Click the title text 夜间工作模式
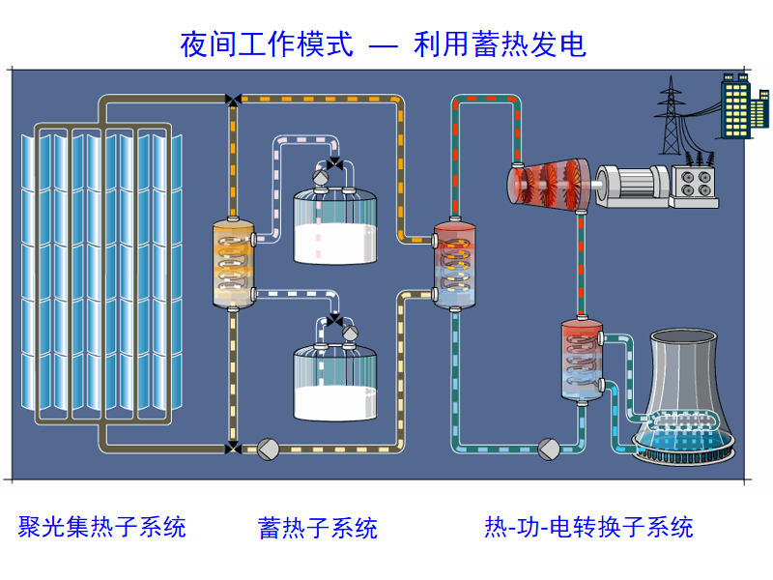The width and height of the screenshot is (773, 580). pyautogui.click(x=267, y=44)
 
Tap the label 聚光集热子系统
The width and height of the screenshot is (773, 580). pyautogui.click(x=101, y=527)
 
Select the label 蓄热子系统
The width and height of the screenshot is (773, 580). pyautogui.click(x=317, y=528)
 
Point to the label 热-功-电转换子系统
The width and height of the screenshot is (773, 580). pyautogui.click(x=588, y=527)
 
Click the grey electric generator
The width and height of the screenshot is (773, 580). pyautogui.click(x=632, y=183)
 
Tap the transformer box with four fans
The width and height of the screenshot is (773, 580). pyautogui.click(x=696, y=184)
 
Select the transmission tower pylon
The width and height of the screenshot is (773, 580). pyautogui.click(x=670, y=116)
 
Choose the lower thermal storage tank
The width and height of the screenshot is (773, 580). pyautogui.click(x=334, y=382)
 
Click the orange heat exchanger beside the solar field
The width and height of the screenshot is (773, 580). pyautogui.click(x=232, y=264)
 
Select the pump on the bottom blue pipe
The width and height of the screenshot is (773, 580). pyautogui.click(x=548, y=448)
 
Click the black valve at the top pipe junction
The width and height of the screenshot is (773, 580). pyautogui.click(x=233, y=98)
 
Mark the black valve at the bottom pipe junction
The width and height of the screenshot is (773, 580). pyautogui.click(x=233, y=448)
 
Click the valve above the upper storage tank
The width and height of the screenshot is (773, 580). pyautogui.click(x=335, y=164)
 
